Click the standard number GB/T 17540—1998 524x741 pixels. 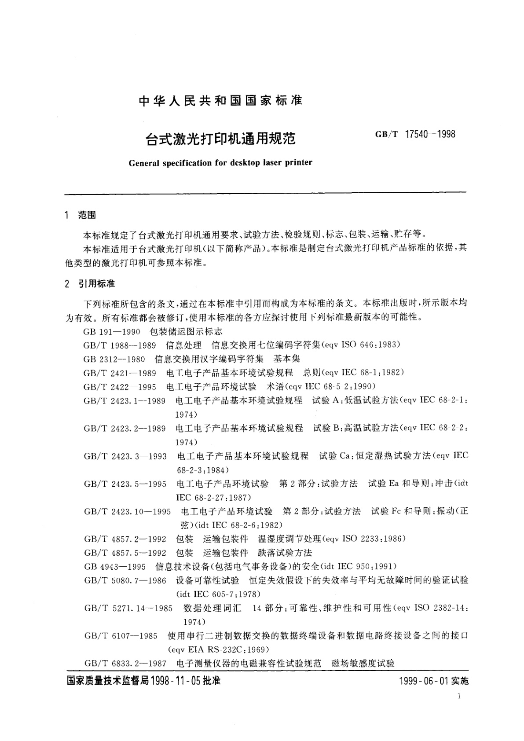tap(415, 134)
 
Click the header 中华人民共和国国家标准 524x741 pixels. tap(220, 101)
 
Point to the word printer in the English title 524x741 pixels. tap(298, 162)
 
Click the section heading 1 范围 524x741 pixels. tap(80, 215)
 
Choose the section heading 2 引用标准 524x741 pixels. tap(89, 284)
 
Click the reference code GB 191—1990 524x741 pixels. tap(112, 331)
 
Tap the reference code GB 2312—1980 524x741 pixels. tap(114, 359)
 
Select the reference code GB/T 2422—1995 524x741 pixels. tap(120, 386)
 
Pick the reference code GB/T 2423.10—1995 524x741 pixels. tap(127, 511)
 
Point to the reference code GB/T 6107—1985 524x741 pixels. tap(121, 635)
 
